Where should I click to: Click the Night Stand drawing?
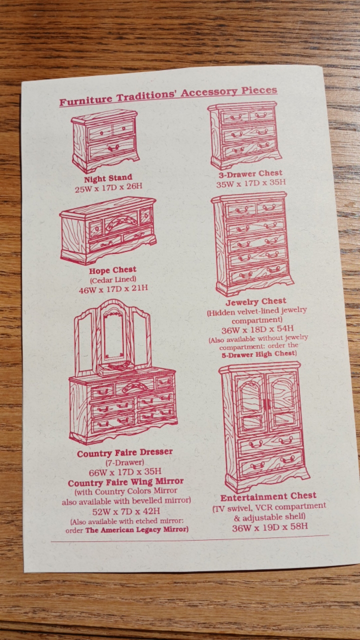coord(105,140)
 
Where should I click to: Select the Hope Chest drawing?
coord(108,230)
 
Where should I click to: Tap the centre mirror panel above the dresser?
coord(114,335)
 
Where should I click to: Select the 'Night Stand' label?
coord(108,177)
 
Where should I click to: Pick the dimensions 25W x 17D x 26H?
coord(108,187)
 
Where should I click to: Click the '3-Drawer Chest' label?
coord(250,174)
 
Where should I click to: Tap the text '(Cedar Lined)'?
coord(113,279)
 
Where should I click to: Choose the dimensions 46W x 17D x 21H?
coord(113,289)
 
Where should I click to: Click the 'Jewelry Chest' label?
coord(256,301)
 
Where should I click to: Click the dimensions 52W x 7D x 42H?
coord(126,511)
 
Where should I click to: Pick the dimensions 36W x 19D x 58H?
coord(270,526)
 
